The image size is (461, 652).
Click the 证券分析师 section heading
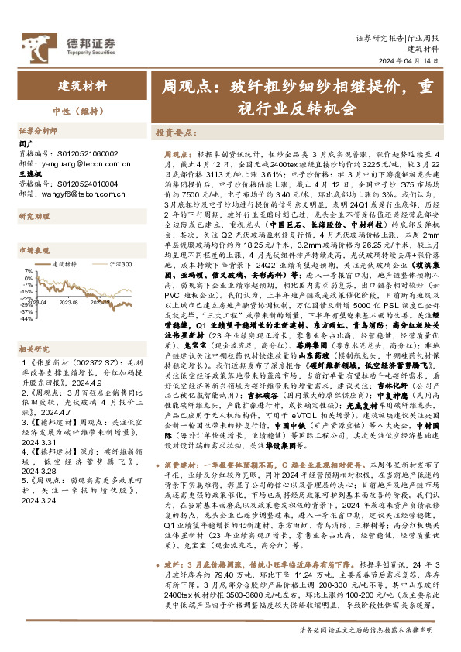click(x=38, y=131)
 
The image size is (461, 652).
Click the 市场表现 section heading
click(x=33, y=252)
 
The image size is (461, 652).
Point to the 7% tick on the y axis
click(x=29, y=272)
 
